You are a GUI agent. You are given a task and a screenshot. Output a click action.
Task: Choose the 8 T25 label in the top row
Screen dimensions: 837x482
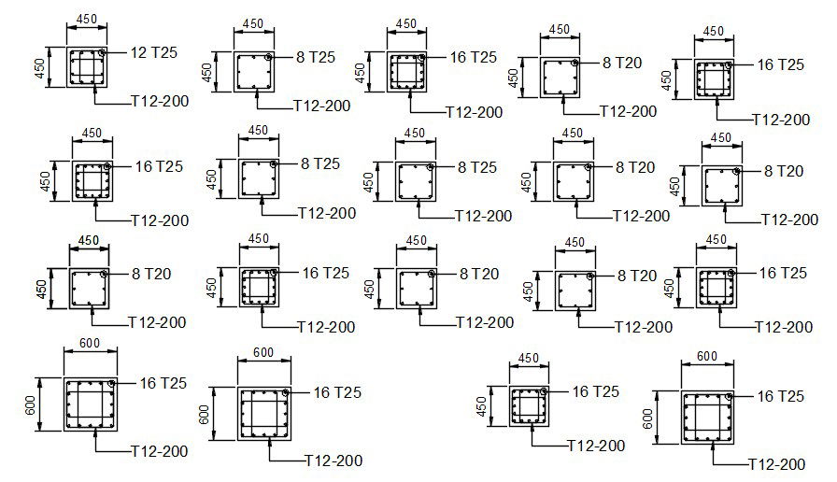click(315, 57)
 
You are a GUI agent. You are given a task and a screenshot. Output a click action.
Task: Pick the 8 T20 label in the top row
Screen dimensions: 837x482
click(622, 63)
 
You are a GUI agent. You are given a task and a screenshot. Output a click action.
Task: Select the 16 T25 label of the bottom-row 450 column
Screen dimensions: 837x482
click(595, 391)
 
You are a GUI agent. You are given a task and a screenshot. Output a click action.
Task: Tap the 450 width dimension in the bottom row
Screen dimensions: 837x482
click(529, 358)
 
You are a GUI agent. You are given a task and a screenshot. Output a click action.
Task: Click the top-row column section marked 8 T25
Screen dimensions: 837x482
click(254, 73)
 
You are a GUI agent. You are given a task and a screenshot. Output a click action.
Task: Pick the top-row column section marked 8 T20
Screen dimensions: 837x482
click(560, 78)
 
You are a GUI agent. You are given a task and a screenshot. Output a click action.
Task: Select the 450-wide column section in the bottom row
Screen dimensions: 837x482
click(530, 407)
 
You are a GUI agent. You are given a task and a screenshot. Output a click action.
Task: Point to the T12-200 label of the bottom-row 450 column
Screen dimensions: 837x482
click(598, 446)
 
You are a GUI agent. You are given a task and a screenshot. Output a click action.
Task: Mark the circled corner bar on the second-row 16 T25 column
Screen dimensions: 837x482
click(108, 166)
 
